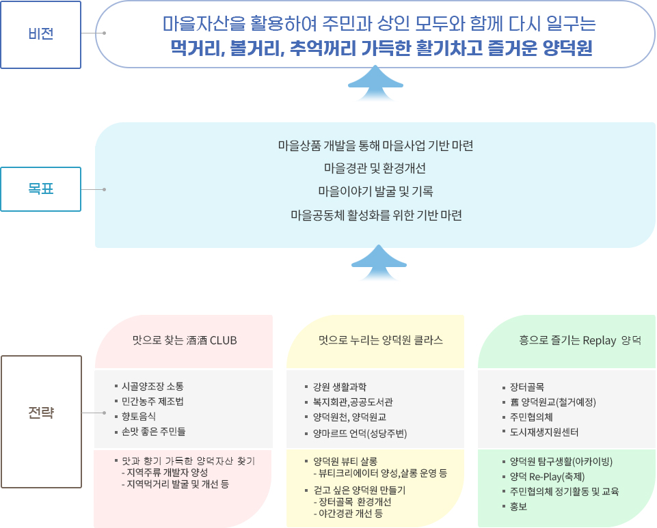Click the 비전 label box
[40, 34]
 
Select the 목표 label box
[40, 189]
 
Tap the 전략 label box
[41, 421]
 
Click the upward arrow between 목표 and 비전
[375, 83]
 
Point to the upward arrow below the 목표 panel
[379, 262]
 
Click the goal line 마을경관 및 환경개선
[375, 168]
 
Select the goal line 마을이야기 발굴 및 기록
[375, 191]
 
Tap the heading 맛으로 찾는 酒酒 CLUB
[185, 340]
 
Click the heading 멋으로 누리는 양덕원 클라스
[380, 340]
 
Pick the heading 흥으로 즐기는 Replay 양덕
[580, 340]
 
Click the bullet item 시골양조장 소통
[152, 386]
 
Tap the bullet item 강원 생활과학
[340, 387]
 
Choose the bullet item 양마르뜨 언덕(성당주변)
[360, 433]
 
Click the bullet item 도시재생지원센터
[544, 432]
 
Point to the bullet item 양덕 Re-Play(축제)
[547, 477]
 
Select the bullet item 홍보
[518, 507]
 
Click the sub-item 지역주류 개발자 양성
[165, 473]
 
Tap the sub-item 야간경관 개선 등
[348, 514]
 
